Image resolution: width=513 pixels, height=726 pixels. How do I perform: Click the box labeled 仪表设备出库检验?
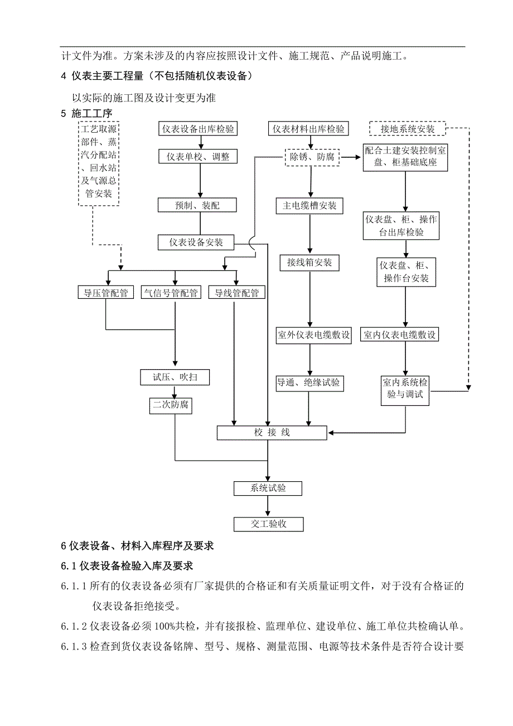point(198,129)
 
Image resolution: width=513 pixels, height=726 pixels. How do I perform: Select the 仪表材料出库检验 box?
point(308,129)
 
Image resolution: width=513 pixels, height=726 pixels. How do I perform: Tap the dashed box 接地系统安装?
point(407,129)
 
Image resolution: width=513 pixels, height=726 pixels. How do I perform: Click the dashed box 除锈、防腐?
point(312,157)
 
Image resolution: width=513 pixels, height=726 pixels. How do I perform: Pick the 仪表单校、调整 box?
point(198,157)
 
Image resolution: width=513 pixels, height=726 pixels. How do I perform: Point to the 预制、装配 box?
point(197,205)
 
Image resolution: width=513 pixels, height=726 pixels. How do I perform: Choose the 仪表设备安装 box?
point(196,243)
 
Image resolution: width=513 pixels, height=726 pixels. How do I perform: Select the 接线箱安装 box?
point(309,262)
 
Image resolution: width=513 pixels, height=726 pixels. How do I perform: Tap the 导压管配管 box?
point(105,293)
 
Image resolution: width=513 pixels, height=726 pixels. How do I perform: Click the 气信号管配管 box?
point(171,293)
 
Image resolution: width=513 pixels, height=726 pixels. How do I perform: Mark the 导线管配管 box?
point(236,293)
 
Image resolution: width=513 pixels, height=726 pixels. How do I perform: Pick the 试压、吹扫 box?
point(175,377)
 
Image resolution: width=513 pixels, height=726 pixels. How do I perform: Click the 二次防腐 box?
point(171,405)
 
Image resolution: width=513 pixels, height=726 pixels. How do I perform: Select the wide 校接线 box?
point(273,433)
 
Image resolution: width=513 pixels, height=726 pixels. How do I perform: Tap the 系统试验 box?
point(268,488)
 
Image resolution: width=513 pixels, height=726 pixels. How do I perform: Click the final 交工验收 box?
point(268,524)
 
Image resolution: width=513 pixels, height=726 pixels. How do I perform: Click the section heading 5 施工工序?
point(86,114)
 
